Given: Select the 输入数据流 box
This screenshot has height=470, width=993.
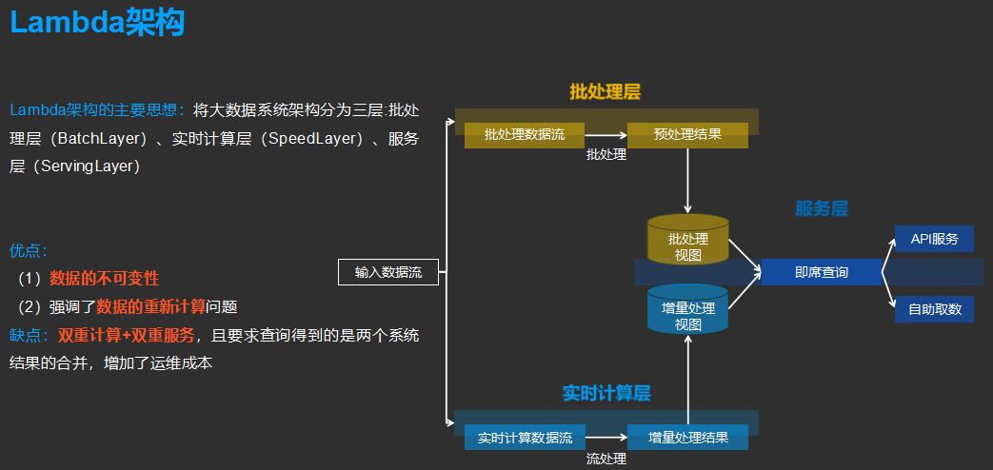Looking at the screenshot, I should pyautogui.click(x=388, y=272).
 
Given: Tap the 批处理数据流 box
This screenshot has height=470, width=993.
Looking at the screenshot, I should pyautogui.click(x=524, y=135).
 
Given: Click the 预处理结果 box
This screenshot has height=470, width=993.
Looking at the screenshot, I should pyautogui.click(x=687, y=135).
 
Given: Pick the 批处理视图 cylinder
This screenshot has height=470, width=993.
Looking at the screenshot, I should pyautogui.click(x=687, y=242).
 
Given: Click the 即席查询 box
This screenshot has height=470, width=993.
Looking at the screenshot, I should pyautogui.click(x=821, y=272).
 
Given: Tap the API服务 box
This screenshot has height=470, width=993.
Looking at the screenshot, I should pyautogui.click(x=934, y=239).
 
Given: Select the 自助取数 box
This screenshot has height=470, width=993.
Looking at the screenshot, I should pyautogui.click(x=934, y=309).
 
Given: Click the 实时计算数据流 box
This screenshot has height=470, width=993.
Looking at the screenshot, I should pyautogui.click(x=524, y=438).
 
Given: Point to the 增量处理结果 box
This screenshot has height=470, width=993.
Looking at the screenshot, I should pyautogui.click(x=687, y=438).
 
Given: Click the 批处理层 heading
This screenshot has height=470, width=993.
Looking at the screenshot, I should pyautogui.click(x=605, y=92).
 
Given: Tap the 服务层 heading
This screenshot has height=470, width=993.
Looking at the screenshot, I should pyautogui.click(x=821, y=208).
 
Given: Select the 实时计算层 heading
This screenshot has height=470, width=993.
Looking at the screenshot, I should pyautogui.click(x=606, y=393).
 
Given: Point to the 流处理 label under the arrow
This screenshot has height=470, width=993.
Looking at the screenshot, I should pyautogui.click(x=606, y=459).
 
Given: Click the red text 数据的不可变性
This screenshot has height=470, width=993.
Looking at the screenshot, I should pyautogui.click(x=105, y=279).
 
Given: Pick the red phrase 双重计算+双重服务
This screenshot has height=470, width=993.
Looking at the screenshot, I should pyautogui.click(x=126, y=335).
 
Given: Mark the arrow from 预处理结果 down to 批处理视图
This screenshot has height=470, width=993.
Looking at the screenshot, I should pyautogui.click(x=687, y=181).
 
